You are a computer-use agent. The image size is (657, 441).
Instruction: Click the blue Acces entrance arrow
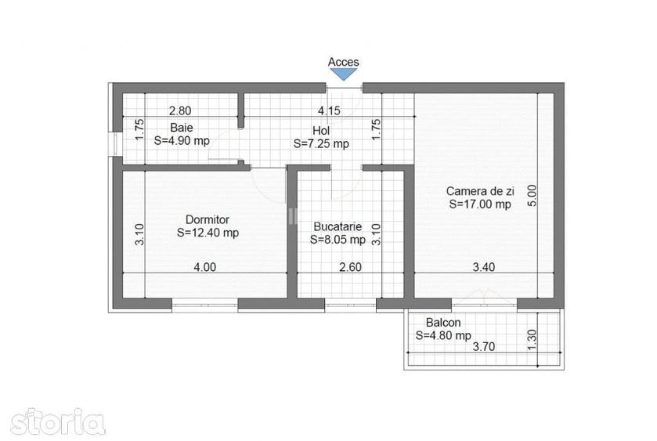point(344,74)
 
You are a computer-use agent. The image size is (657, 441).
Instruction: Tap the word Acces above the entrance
point(344,62)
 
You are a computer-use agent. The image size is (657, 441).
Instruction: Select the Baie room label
point(182,128)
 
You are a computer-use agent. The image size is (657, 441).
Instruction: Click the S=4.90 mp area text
point(182,141)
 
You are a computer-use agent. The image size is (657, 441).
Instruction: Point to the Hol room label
point(321,130)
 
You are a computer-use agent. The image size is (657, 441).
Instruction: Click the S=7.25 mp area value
point(321,144)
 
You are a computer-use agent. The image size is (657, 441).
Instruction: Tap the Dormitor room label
point(208,219)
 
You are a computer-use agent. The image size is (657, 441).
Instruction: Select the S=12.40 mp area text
point(208,233)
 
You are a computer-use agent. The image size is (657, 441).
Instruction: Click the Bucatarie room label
point(338,227)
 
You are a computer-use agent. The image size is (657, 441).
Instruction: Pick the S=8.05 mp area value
point(338,240)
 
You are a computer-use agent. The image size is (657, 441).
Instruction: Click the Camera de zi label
point(480,192)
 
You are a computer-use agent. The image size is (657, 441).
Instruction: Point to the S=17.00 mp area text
point(480,204)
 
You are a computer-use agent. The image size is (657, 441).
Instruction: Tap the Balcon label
point(443,323)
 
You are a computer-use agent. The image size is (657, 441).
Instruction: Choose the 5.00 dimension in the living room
point(532,195)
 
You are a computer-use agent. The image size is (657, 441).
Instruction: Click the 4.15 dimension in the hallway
point(329,111)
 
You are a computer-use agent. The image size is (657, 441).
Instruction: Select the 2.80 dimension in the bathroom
point(180,111)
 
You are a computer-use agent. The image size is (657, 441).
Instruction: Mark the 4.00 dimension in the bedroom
point(205,267)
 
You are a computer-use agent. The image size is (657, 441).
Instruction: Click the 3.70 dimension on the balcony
point(484,347)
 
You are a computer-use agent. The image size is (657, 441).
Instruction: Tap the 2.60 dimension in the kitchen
point(350,267)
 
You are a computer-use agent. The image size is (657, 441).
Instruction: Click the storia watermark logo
point(58,422)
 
